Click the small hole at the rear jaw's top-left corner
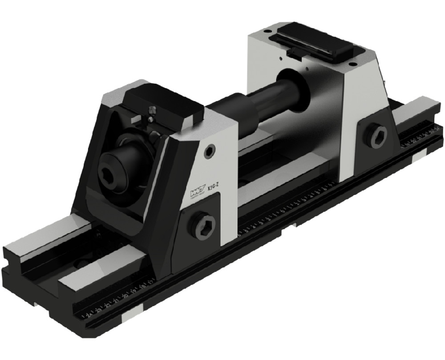point(266,32)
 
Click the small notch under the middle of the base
point(294,226)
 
